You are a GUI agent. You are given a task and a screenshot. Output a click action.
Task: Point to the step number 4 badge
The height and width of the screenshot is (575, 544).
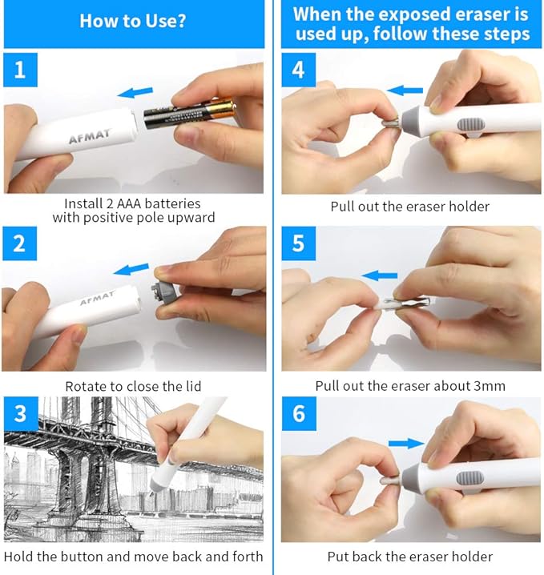pos(299,70)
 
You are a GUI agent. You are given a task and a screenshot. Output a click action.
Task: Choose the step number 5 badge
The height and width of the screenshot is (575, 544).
pos(299,243)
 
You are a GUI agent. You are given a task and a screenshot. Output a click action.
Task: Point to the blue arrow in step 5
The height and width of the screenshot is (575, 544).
pos(380,275)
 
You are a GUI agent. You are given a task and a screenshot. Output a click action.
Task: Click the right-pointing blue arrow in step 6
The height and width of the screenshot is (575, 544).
pos(406,443)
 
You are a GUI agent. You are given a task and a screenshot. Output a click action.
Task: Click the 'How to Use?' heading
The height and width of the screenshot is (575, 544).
pos(132,20)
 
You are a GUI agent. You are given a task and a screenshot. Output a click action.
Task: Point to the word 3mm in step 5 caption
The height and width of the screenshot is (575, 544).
pos(487,385)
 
